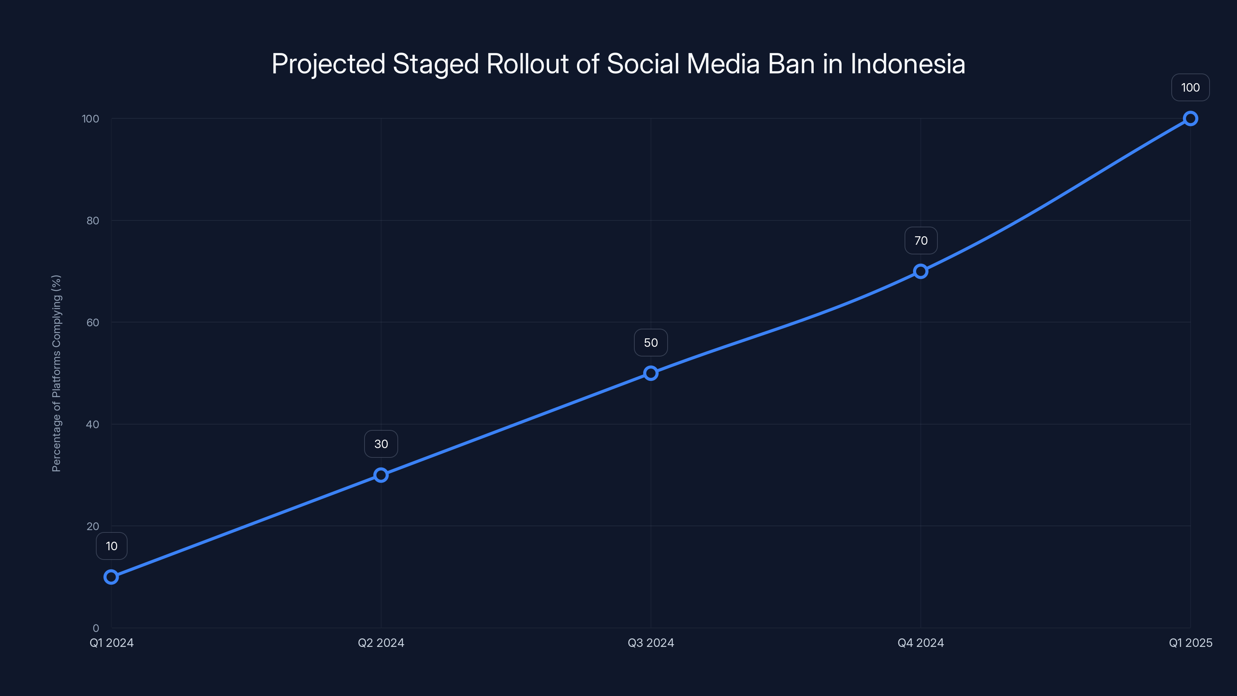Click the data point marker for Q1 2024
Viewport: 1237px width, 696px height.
pos(111,577)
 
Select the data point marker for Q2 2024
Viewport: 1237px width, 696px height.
pos(381,475)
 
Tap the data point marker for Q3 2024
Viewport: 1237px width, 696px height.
pos(651,373)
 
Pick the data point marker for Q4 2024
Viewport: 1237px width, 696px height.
pos(920,271)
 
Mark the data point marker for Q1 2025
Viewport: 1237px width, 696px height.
pos(1191,119)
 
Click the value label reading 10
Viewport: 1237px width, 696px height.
pos(111,546)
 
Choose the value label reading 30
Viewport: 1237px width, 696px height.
pos(381,444)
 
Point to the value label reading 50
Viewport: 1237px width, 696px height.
pos(651,343)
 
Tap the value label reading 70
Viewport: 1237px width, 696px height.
pos(920,241)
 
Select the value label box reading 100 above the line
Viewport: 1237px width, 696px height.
pos(1191,87)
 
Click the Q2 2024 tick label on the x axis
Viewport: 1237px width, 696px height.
pos(381,643)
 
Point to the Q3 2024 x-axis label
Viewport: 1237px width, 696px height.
pos(651,643)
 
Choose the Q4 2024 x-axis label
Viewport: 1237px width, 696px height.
pos(920,643)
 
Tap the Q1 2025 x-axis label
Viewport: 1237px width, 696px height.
pos(1191,643)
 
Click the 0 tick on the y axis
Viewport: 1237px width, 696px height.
pos(96,628)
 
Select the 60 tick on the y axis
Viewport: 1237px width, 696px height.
pos(93,322)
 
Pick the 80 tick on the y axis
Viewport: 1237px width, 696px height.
pos(93,220)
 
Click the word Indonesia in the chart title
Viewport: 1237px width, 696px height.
pos(908,64)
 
